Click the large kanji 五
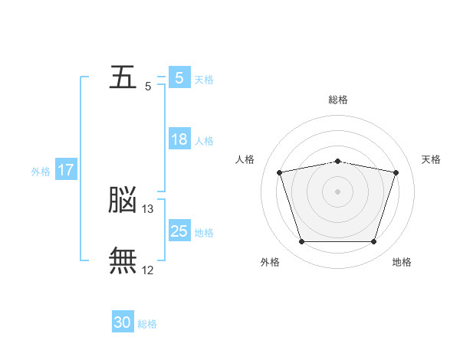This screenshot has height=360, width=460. click(123, 78)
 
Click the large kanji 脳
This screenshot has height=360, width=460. click(123, 201)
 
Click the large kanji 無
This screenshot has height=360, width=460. click(123, 260)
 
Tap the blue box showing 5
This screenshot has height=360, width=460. click(179, 78)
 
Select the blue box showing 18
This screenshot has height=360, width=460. click(179, 139)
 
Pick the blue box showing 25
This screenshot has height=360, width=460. click(179, 231)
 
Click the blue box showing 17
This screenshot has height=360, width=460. click(66, 170)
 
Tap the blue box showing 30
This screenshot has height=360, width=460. click(123, 323)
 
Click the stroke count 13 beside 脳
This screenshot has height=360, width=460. click(149, 209)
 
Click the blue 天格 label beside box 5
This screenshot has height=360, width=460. click(204, 80)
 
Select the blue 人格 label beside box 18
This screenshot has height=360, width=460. click(204, 141)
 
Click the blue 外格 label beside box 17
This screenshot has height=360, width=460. click(41, 172)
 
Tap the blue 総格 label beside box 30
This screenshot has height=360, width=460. click(147, 324)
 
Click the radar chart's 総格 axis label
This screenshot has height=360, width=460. click(338, 100)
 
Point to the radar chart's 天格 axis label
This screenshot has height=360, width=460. click(432, 159)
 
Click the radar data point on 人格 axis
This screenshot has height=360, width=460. click(280, 172)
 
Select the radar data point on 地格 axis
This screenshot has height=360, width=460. click(373, 242)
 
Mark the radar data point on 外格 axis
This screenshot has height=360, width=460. click(301, 242)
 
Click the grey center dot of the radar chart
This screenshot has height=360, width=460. click(338, 191)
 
